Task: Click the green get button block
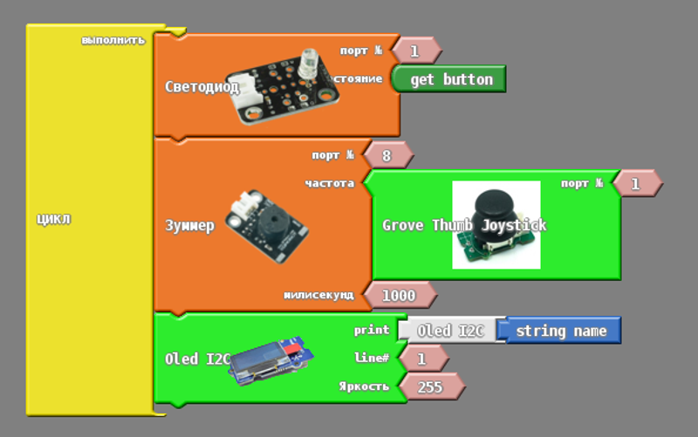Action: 450,79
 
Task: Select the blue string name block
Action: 560,331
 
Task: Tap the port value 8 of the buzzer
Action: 387,155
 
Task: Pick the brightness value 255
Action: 429,386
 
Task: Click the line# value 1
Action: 421,358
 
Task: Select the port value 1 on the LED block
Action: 414,51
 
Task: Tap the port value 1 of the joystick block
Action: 635,184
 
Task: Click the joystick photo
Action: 496,224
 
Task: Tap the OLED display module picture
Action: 272,359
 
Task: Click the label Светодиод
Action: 202,86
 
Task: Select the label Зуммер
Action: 189,226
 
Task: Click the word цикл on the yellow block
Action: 53,218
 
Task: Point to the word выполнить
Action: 113,40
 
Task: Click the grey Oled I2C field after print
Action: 450,331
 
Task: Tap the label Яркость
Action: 364,386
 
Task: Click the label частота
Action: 329,183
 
